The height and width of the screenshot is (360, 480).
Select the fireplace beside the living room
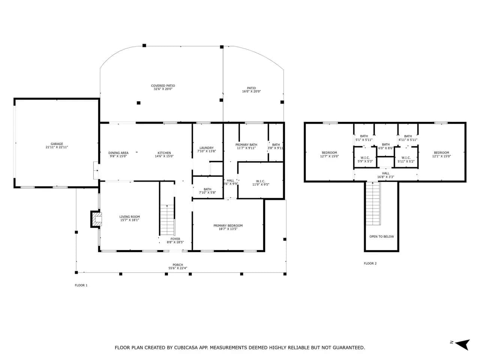coord(96,219)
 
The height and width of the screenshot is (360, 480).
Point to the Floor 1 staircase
coord(167,220)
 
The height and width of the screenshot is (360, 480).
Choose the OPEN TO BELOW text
coord(382,237)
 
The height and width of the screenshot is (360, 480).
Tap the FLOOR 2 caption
coord(370,263)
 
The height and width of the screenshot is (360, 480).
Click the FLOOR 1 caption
coord(81,285)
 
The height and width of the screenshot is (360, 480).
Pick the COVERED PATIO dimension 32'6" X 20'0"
coord(163,89)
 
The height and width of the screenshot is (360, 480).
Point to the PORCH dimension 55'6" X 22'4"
coord(178,268)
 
